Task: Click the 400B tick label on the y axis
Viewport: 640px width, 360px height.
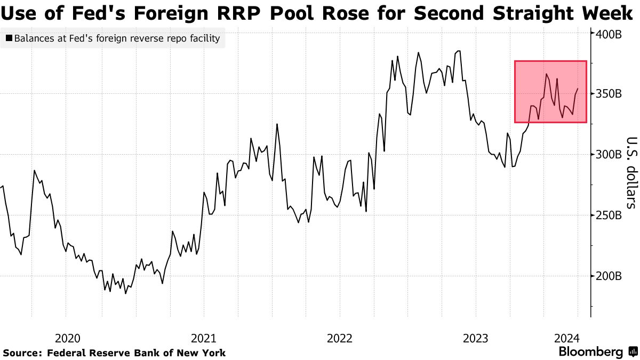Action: (x=609, y=34)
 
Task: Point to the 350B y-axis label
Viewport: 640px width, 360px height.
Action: (x=609, y=94)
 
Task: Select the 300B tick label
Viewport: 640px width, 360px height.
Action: (x=609, y=155)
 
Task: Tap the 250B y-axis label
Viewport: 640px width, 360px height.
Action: (x=609, y=215)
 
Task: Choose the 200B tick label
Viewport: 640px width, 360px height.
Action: (x=609, y=276)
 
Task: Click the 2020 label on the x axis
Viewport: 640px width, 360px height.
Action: (x=68, y=338)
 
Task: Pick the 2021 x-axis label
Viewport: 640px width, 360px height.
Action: (x=203, y=338)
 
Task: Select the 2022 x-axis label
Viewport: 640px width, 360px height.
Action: (x=340, y=338)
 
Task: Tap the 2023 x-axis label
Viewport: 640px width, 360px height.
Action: (x=476, y=338)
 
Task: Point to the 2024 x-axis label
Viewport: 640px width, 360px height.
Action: (x=566, y=338)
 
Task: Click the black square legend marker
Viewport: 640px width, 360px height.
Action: (x=9, y=38)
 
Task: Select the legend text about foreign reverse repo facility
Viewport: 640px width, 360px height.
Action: (x=117, y=38)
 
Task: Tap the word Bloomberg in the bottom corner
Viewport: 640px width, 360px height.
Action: (x=590, y=352)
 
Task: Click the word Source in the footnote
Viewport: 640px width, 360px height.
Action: (x=23, y=353)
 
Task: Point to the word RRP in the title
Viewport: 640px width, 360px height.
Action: (x=251, y=14)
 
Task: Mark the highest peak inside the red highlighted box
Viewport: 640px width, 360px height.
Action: (x=547, y=74)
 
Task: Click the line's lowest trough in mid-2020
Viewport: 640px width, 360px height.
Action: (x=126, y=293)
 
